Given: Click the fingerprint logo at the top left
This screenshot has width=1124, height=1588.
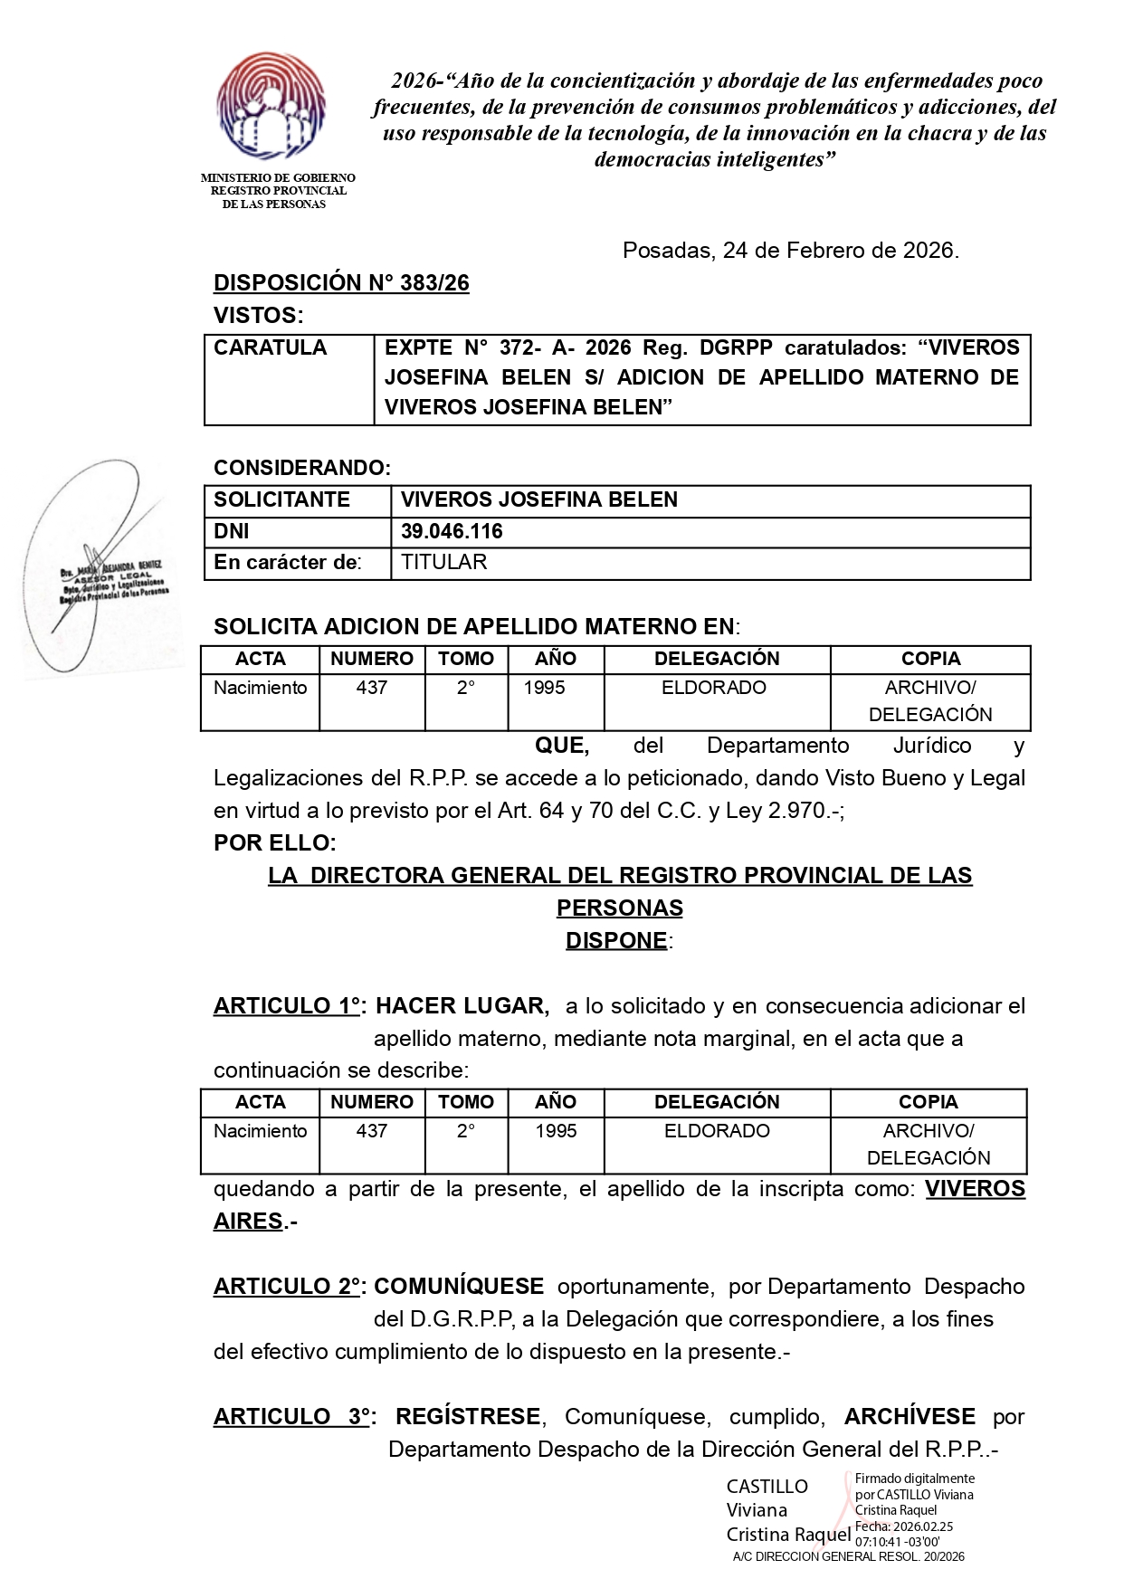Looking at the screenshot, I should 271,106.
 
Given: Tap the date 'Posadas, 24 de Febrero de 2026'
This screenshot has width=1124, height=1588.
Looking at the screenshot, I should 790,251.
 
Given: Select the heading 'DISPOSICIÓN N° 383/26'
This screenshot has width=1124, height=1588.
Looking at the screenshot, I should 341,283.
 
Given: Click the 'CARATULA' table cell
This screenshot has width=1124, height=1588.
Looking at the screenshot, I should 271,348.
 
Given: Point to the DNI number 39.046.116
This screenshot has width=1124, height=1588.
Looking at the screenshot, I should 452,532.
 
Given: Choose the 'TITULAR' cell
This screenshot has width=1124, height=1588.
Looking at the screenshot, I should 443,563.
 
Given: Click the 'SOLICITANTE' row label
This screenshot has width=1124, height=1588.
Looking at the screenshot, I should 281,500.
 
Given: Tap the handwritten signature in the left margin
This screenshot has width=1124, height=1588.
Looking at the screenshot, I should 95,566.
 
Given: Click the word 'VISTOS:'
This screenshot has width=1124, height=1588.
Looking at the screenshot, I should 259,316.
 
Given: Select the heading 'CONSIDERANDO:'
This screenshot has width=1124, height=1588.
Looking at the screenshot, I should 302,468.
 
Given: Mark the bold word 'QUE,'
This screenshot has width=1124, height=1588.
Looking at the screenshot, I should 562,746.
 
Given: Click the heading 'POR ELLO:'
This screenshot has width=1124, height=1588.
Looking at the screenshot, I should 275,843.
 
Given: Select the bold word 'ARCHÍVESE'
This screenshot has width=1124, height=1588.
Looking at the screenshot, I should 910,1417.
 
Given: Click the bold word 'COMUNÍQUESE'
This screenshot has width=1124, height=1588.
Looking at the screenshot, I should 459,1287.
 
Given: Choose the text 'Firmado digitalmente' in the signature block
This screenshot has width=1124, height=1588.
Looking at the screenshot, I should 915,1479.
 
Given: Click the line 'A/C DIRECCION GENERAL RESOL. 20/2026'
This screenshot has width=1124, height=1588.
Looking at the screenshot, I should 849,1557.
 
